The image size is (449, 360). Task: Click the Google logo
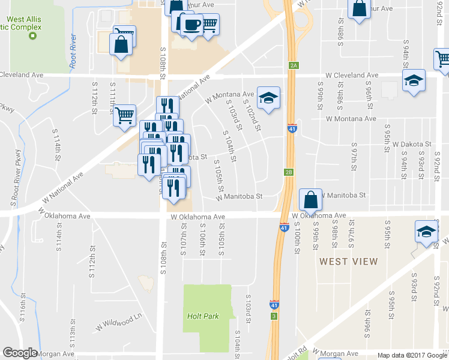click(x=20, y=353)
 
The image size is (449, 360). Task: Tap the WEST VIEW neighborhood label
click(x=349, y=262)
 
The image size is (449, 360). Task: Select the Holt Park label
click(x=203, y=316)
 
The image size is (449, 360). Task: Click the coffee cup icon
click(x=191, y=25)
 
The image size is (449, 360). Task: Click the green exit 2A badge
click(x=294, y=65)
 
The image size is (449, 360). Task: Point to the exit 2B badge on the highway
click(x=289, y=173)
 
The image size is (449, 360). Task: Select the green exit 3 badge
click(x=274, y=316)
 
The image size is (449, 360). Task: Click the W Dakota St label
click(x=412, y=145)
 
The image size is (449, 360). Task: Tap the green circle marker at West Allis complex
click(x=32, y=36)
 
